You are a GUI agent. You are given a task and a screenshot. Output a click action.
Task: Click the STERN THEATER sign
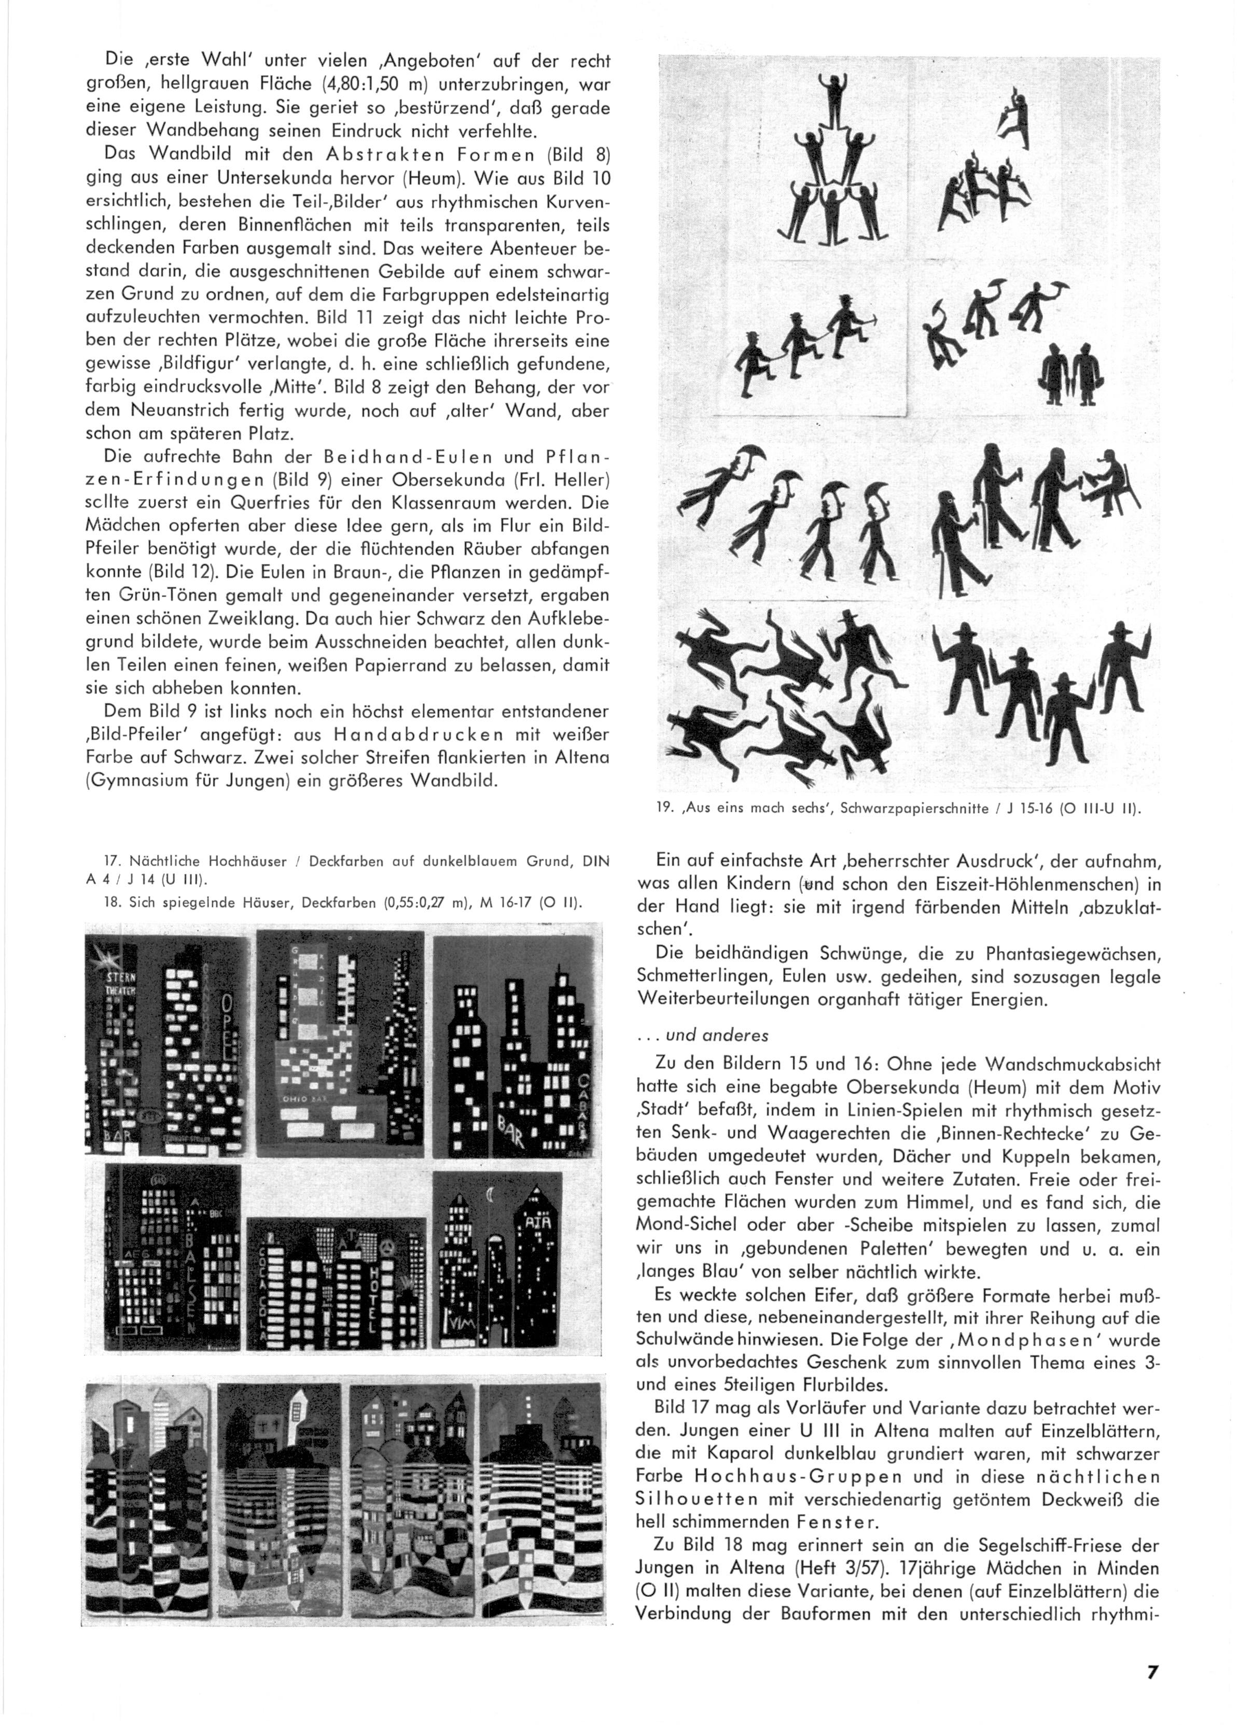pos(120,985)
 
